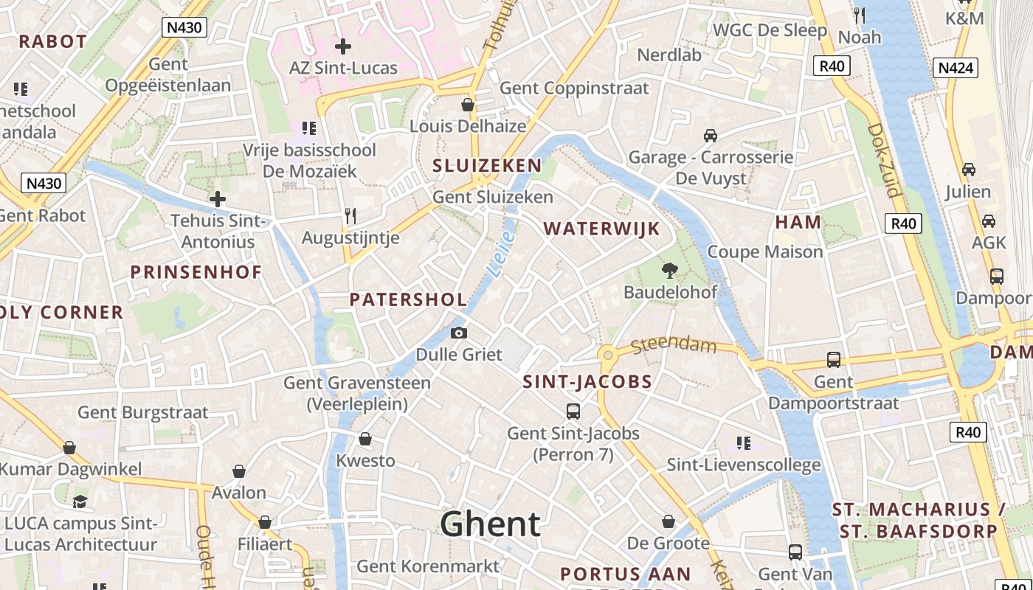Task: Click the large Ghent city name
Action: [491, 524]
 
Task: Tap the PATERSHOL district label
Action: [408, 299]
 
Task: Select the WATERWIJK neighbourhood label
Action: [601, 229]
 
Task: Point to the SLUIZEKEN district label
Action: [487, 165]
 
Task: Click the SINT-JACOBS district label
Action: [587, 382]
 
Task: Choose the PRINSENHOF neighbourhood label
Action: [196, 272]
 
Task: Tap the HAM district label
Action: [798, 222]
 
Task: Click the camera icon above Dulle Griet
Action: [459, 333]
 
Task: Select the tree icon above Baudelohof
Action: [670, 270]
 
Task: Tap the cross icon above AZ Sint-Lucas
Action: [343, 46]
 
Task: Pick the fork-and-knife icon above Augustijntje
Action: [350, 216]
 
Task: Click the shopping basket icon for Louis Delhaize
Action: [467, 105]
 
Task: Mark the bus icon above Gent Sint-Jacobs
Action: [573, 411]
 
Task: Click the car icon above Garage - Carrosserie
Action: [711, 136]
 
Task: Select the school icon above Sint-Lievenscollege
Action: [744, 443]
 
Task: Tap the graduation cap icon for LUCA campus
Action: [80, 502]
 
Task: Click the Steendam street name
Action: [674, 344]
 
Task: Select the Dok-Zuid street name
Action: [884, 159]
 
